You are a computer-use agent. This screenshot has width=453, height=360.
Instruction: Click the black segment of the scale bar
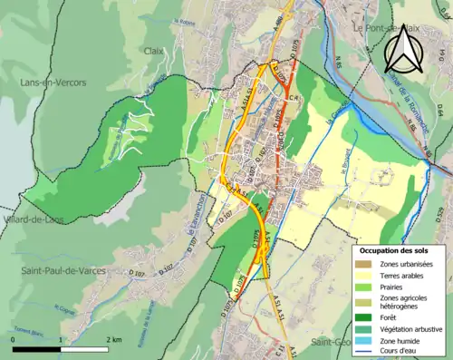[x=37, y=348]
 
